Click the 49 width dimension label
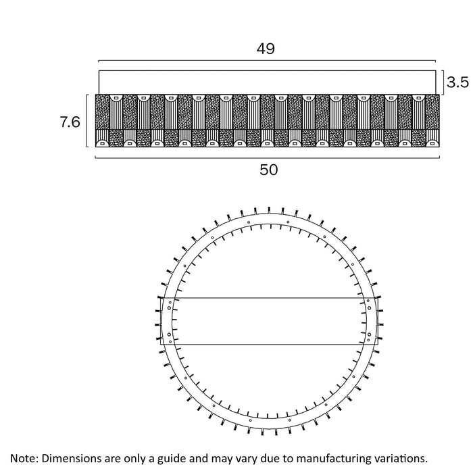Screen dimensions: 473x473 click(266, 49)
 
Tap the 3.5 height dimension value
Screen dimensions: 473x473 click(457, 82)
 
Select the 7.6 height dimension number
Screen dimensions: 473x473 click(70, 122)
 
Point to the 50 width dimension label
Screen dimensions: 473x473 click(269, 170)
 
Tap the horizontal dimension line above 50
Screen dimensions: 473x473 click(269, 157)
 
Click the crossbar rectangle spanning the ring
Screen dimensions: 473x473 click(268, 321)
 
